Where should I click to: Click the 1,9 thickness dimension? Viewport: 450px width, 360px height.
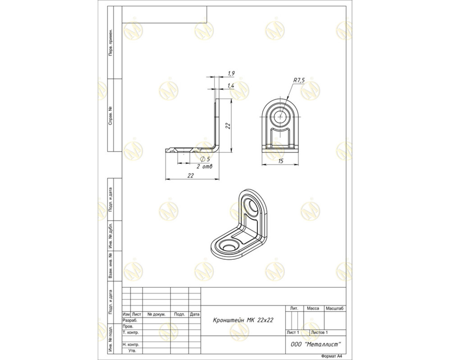231,73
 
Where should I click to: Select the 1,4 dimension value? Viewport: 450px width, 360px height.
231,85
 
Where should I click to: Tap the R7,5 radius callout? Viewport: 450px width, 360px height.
299,80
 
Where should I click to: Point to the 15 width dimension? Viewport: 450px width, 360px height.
281,161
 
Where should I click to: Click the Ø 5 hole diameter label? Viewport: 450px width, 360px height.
205,159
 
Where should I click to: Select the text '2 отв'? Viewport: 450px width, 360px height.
204,167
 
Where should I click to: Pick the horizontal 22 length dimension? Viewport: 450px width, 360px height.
191,175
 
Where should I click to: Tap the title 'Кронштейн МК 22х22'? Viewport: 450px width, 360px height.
243,320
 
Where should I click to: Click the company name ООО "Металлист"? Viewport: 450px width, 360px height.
316,344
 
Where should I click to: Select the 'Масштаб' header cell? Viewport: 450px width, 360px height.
335,308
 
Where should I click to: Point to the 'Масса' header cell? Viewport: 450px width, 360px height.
313,308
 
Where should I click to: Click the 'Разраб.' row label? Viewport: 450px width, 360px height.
130,320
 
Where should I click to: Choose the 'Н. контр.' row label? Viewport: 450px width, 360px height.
131,344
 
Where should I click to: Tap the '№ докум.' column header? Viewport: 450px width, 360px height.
156,314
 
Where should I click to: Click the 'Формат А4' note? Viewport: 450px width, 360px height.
332,356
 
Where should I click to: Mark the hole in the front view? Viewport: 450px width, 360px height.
280,116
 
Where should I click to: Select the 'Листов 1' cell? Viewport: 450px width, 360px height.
319,332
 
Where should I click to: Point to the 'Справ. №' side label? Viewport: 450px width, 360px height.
110,115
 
